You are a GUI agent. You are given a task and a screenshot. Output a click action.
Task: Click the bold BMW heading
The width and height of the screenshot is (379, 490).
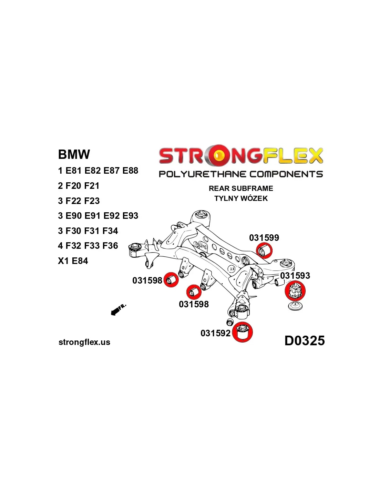pos(74,154)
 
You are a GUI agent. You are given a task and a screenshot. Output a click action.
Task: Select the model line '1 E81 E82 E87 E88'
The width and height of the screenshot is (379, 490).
pos(98,171)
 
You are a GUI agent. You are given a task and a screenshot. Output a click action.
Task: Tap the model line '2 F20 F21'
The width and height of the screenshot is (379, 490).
pos(79,186)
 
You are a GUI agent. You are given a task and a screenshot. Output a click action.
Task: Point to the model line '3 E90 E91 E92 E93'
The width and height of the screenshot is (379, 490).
pos(98,216)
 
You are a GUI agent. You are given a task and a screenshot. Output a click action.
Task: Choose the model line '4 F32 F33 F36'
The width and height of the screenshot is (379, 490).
pos(88,246)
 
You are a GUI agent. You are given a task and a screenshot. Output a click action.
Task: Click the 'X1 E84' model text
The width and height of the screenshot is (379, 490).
pos(73,261)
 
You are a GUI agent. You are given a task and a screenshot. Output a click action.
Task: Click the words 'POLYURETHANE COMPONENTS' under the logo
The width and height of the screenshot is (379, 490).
pos(241,174)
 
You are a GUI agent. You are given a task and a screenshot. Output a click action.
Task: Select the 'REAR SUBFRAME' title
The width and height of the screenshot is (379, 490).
pos(241,188)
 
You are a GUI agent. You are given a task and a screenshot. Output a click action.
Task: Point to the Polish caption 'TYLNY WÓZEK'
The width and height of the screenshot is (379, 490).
pos(241,198)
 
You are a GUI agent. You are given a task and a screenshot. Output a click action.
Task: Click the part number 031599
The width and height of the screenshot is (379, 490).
pos(264,238)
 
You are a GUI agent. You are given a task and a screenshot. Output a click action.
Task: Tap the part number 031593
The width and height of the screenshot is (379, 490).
pos(295,276)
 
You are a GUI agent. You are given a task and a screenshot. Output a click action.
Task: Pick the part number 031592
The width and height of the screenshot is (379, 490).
pos(215,333)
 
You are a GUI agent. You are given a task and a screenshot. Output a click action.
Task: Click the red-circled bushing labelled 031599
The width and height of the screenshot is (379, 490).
pos(264,251)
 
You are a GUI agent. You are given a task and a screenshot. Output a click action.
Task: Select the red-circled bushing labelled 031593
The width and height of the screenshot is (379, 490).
pos(295,291)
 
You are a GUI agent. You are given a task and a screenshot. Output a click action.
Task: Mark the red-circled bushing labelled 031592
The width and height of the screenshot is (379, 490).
pos(243,332)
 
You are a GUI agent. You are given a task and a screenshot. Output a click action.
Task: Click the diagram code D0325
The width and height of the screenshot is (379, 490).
pos(305,340)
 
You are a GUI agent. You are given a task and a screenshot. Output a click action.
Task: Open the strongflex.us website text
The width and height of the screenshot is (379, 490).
pos(84,342)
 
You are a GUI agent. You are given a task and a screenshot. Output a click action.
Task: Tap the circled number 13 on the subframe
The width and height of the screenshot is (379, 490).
pos(232,269)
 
